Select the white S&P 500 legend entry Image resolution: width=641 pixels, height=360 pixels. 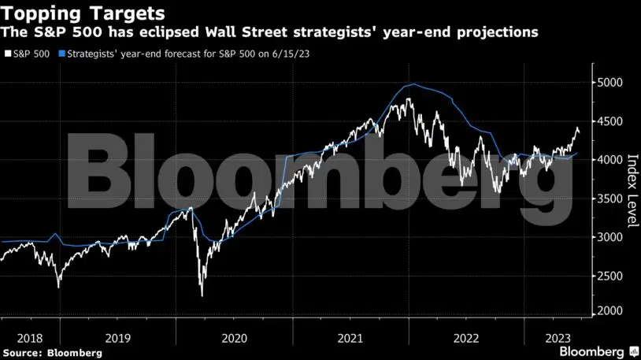click(x=28, y=55)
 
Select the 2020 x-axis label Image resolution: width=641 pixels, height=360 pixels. click(x=234, y=336)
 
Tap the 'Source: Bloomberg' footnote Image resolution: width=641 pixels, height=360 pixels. click(x=52, y=353)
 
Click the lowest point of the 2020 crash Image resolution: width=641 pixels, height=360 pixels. click(x=202, y=296)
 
